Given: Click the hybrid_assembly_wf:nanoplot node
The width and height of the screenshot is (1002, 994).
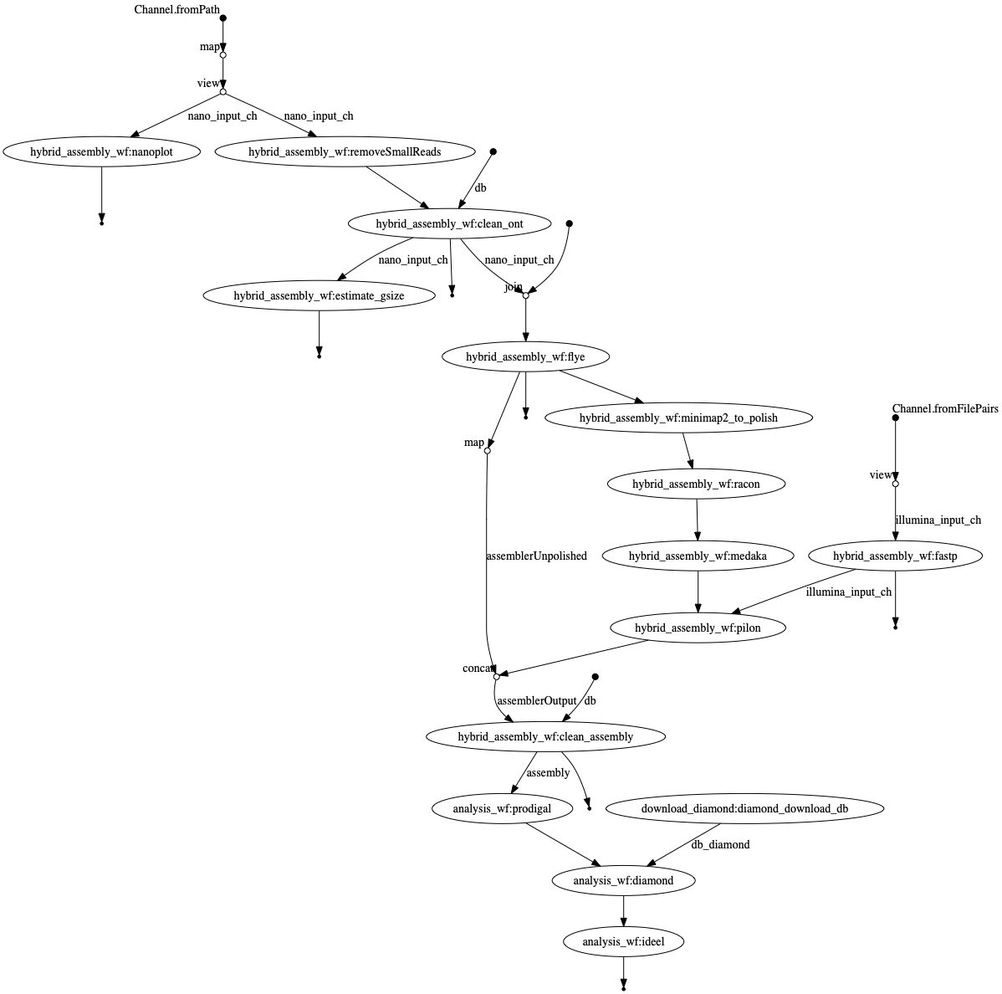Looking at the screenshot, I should click(101, 151).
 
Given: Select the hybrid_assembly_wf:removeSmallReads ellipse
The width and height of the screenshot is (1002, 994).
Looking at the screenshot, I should click(345, 151).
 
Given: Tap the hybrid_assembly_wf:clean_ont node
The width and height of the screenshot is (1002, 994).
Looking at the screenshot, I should click(450, 223).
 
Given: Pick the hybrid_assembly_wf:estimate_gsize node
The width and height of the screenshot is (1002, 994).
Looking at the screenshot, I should click(319, 295).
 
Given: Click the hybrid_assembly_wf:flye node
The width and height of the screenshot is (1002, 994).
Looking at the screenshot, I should click(525, 357).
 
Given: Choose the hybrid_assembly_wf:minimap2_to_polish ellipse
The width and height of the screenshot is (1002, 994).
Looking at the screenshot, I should click(678, 418).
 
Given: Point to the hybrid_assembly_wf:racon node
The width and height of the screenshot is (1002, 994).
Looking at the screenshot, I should click(696, 484).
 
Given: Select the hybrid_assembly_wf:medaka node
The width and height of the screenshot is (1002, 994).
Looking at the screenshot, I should click(698, 556).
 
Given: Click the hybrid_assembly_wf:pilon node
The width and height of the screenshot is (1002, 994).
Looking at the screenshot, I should click(698, 628).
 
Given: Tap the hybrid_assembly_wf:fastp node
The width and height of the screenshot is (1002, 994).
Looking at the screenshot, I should click(895, 556).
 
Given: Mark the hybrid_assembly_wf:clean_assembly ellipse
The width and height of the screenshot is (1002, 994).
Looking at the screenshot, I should click(545, 737).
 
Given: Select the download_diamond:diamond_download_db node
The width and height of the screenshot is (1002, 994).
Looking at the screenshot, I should click(744, 809).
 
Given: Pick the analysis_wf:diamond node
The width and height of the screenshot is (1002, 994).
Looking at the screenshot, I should click(623, 881).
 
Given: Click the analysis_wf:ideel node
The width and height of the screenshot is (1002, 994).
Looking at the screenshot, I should click(623, 941).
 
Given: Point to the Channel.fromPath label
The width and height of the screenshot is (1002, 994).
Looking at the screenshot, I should click(176, 9).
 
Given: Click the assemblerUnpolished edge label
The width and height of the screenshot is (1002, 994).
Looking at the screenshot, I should click(536, 556).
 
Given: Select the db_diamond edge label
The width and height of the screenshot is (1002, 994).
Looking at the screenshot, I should click(720, 845).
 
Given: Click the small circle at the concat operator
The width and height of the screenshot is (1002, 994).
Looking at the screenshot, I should click(497, 676).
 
